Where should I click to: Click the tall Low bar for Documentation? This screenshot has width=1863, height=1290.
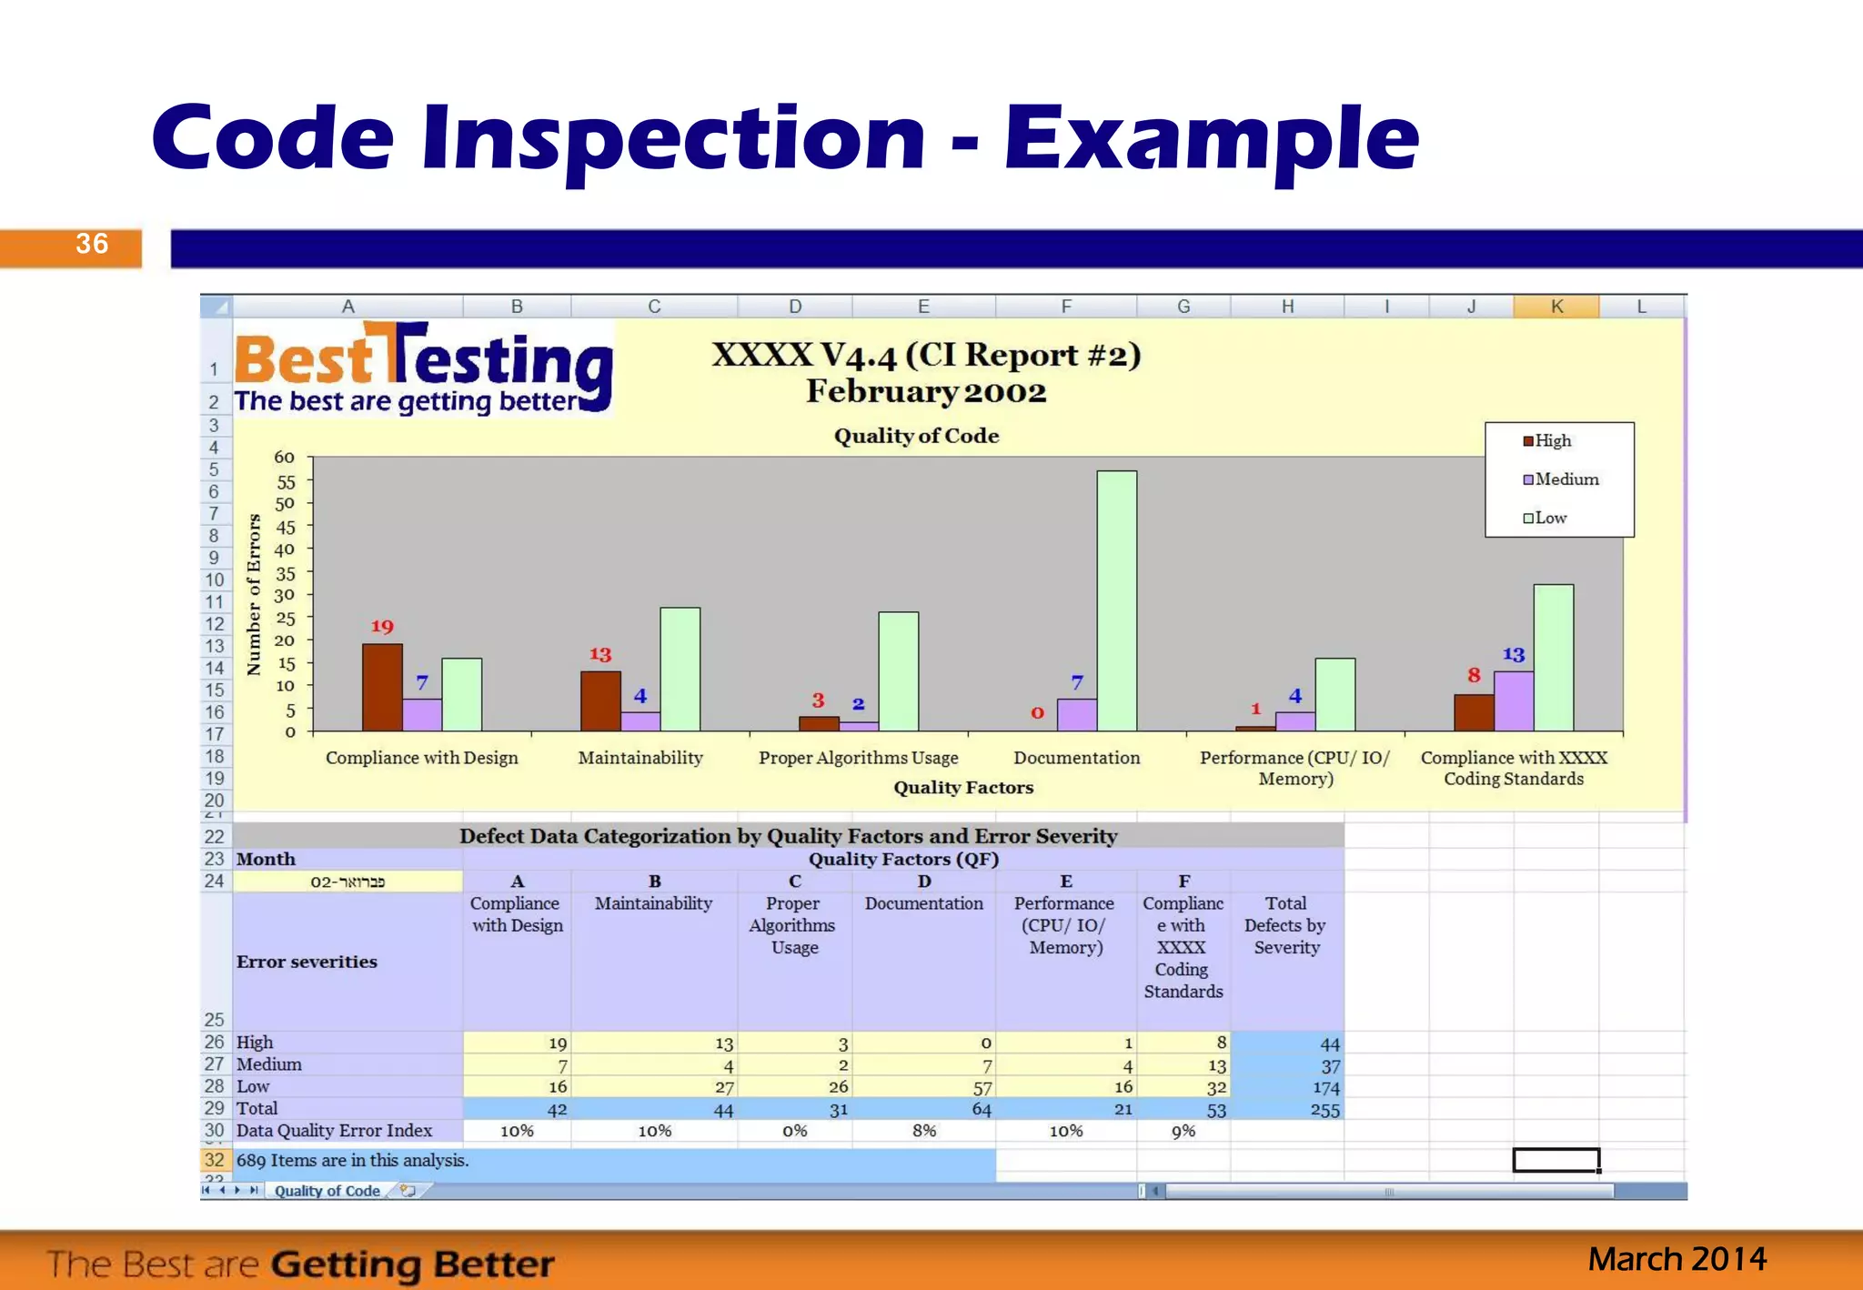coord(1116,600)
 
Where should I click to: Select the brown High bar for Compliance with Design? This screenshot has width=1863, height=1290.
coord(382,687)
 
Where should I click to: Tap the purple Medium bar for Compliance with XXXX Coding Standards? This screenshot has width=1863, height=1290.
coord(1513,700)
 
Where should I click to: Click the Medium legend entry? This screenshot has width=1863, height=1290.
coord(1560,479)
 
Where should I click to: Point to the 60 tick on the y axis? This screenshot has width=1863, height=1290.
coord(285,458)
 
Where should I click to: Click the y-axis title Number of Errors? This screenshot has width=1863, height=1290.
coord(254,595)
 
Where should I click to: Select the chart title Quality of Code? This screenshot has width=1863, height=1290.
coord(916,436)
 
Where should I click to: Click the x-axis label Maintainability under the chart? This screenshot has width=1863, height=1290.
coord(640,758)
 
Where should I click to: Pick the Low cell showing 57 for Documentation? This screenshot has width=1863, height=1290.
coord(982,1088)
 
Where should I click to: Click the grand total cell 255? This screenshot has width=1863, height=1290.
coord(1324,1111)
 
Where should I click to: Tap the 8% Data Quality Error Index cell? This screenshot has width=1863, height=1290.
coord(924,1131)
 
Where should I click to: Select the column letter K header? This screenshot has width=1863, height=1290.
coord(1556,307)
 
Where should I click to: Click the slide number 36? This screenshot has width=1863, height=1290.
coord(92,244)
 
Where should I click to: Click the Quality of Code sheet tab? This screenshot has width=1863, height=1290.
coord(327,1191)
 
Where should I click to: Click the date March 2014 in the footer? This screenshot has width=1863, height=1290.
coord(1677,1259)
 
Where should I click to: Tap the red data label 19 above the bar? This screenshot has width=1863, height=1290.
coord(382,627)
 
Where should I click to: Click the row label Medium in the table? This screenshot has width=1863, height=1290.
coord(269,1064)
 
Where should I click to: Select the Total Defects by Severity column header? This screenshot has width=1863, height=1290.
coord(1285,925)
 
